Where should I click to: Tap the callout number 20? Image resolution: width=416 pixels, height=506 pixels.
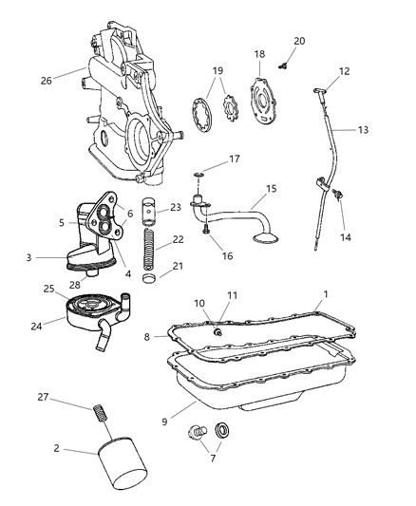pos(299,41)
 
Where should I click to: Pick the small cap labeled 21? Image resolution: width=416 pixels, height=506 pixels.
pos(149,282)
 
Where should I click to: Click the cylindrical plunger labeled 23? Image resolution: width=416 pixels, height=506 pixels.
pos(150,210)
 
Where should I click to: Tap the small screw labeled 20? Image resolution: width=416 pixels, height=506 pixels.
pos(283,64)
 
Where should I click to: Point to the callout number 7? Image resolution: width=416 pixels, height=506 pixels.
pos(210,458)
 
